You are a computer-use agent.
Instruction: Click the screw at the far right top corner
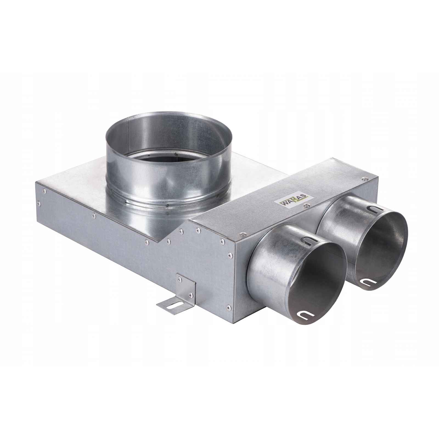(x=364, y=178)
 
